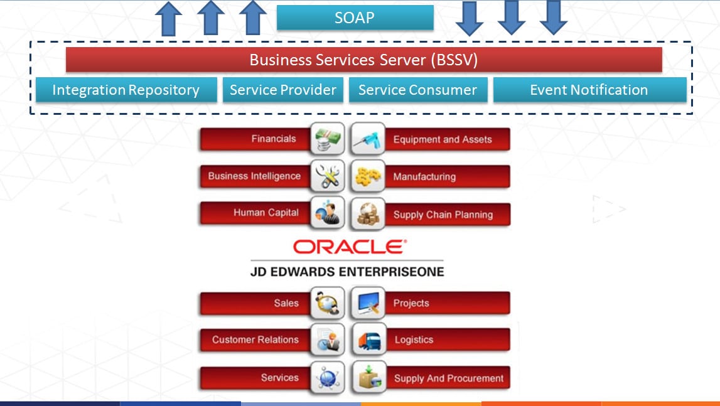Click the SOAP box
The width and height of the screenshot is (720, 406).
tap(355, 18)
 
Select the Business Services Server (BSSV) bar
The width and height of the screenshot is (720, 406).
tap(363, 60)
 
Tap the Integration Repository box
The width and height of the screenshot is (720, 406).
tap(126, 90)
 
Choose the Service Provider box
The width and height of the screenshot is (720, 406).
tap(283, 90)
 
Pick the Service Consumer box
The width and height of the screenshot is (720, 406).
tap(418, 90)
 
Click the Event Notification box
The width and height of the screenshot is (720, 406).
tap(589, 90)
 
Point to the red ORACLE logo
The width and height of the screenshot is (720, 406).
tap(350, 247)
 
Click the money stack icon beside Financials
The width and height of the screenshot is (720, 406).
tap(328, 138)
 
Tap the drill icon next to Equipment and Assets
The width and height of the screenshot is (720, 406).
tap(368, 138)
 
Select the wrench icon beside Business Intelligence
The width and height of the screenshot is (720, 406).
tap(328, 176)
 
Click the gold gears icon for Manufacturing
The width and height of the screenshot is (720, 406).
tap(368, 176)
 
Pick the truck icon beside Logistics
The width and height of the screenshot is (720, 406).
tap(368, 340)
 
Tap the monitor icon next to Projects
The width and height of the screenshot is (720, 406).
tap(368, 303)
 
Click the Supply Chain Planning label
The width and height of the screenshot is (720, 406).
tap(443, 215)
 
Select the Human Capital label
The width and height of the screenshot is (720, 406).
tap(266, 213)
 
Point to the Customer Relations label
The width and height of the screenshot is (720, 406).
tap(255, 339)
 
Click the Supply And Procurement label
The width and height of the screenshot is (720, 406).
tap(449, 378)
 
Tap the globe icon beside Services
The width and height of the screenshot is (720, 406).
tap(328, 378)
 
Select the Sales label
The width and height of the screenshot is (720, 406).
tap(286, 303)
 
